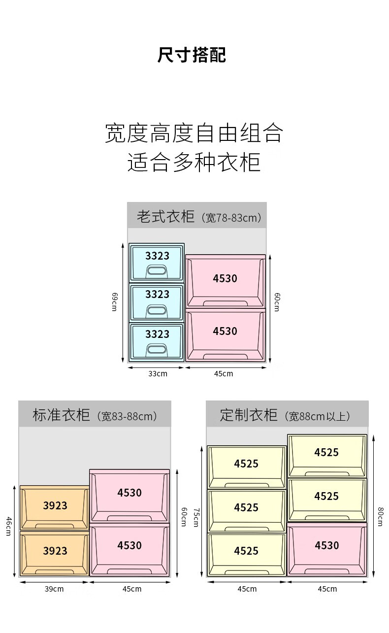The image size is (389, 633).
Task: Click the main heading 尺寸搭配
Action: click(x=192, y=55)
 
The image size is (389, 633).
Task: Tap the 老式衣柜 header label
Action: click(x=165, y=216)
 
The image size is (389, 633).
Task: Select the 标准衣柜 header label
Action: click(x=61, y=415)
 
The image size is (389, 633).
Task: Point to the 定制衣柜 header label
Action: click(x=249, y=415)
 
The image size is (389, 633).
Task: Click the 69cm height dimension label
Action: click(x=114, y=302)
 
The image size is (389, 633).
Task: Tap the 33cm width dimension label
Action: click(x=158, y=373)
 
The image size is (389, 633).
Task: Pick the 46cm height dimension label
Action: click(x=9, y=526)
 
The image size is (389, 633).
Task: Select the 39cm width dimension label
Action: click(x=54, y=589)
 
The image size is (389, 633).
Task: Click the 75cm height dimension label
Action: click(x=196, y=518)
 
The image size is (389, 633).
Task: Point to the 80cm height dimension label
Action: click(x=381, y=517)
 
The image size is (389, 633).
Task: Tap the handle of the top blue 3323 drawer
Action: click(x=157, y=271)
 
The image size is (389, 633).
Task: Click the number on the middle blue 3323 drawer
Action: click(x=157, y=294)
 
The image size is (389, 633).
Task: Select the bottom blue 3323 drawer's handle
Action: click(x=157, y=350)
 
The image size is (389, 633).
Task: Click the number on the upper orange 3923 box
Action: click(x=55, y=505)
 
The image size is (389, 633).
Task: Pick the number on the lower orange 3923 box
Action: click(x=55, y=551)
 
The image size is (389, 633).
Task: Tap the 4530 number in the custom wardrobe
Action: click(x=327, y=545)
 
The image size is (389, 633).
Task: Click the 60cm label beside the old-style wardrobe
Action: click(x=277, y=302)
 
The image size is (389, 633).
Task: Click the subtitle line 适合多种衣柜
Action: click(x=194, y=162)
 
